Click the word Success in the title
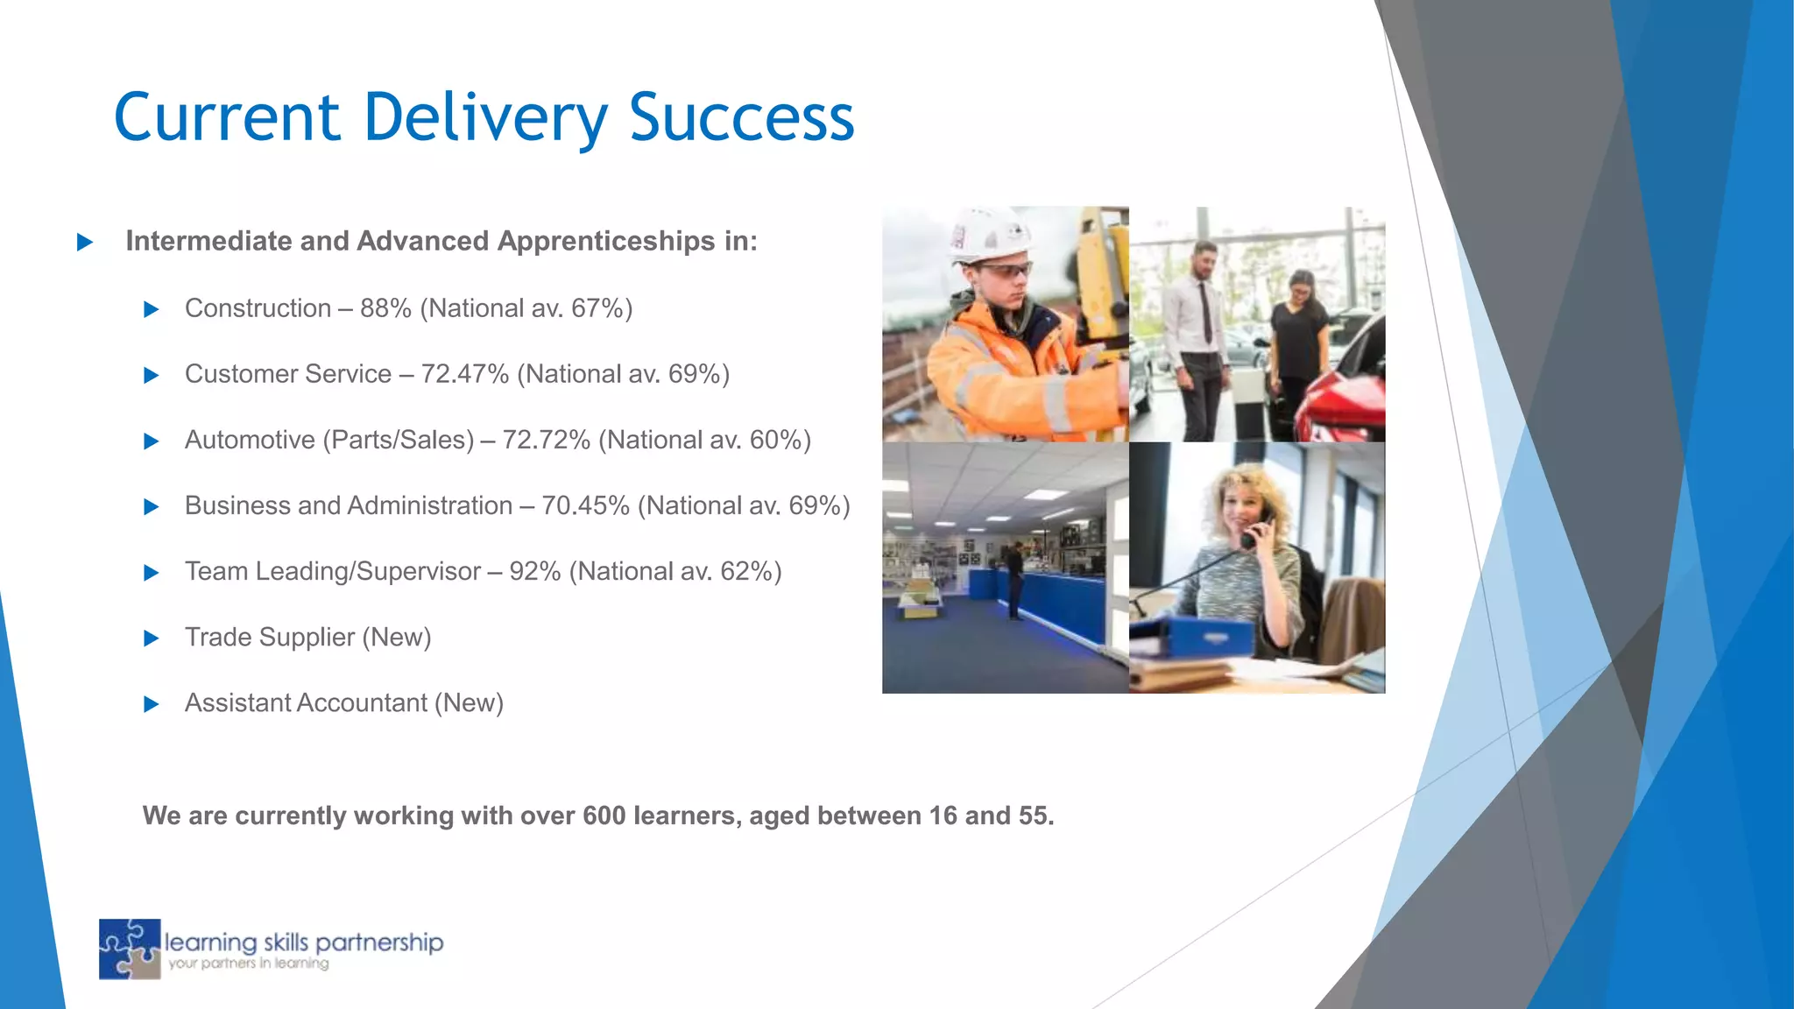point(741,117)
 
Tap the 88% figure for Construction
point(385,308)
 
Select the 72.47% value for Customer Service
point(464,374)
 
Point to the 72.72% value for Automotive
point(546,440)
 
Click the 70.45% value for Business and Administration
point(585,505)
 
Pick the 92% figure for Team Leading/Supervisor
point(534,571)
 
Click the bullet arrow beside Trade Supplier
point(151,639)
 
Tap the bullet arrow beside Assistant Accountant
point(151,704)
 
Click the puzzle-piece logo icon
point(130,949)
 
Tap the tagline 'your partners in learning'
point(249,964)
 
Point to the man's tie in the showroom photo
point(1206,311)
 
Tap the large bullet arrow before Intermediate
point(85,242)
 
